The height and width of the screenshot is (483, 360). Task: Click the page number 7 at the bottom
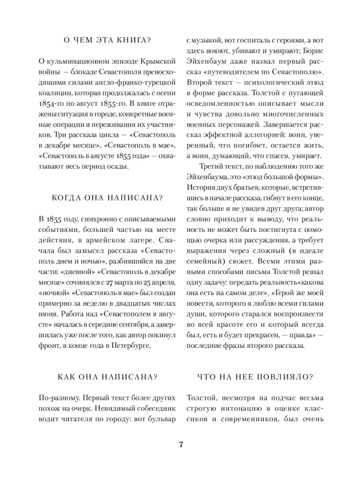pyautogui.click(x=180, y=445)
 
